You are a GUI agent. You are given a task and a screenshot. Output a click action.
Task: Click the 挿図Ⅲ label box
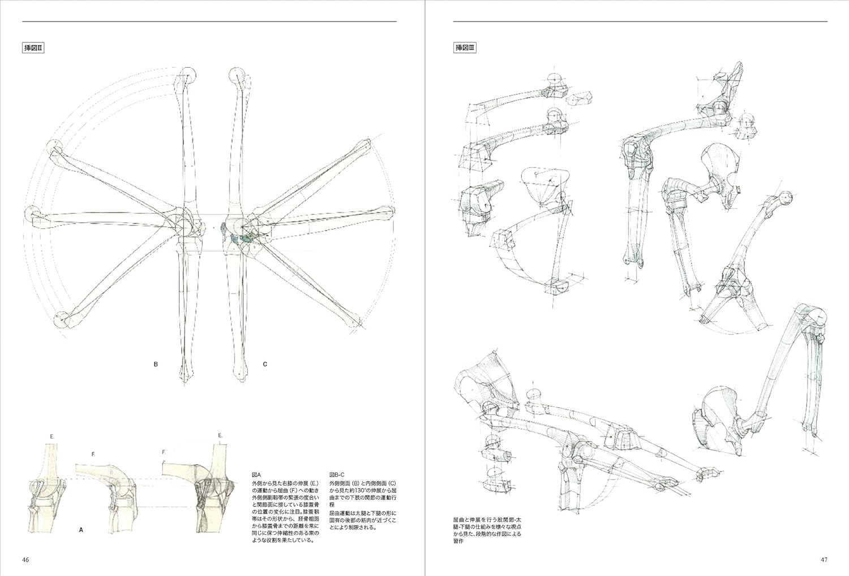click(x=466, y=48)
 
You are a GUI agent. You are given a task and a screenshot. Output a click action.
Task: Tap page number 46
click(x=25, y=560)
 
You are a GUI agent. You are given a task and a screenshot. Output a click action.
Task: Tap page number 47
click(x=824, y=560)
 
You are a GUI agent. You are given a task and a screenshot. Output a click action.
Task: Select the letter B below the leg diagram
click(x=156, y=365)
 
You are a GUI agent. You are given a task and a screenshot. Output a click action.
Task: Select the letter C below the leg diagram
click(x=265, y=365)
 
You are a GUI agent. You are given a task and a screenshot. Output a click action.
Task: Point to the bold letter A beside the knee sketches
click(x=81, y=530)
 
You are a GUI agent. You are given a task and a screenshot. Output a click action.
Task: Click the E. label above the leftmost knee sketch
click(x=52, y=436)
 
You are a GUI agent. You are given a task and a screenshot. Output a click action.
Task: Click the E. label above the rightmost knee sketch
click(x=220, y=435)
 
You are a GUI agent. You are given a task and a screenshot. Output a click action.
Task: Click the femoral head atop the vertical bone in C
click(x=236, y=75)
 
